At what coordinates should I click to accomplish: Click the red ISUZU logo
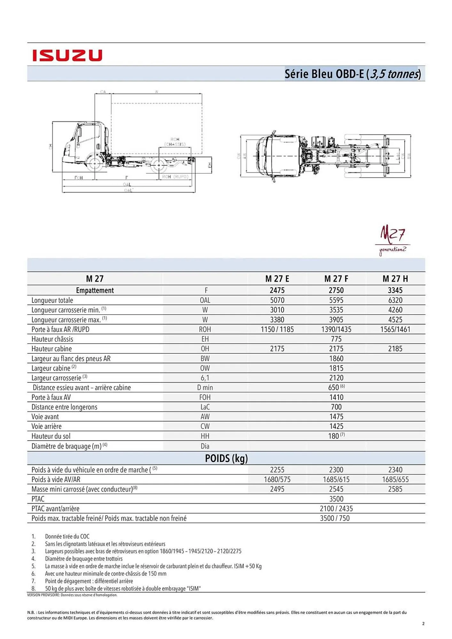tap(67, 55)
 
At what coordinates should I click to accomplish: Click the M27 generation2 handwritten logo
tap(393, 240)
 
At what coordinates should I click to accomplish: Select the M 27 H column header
tap(395, 279)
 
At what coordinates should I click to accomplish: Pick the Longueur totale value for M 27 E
tap(277, 300)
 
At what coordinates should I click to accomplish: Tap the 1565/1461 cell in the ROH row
tap(395, 329)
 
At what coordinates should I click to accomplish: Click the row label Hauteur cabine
tap(51, 349)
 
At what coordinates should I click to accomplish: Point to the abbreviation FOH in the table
tap(205, 397)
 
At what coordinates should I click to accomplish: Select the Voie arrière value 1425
tap(336, 426)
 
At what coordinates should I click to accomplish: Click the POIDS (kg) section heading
tap(226, 458)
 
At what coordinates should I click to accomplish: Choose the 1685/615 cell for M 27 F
tap(336, 479)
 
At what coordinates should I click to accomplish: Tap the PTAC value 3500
tap(336, 499)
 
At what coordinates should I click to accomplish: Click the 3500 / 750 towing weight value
tap(335, 518)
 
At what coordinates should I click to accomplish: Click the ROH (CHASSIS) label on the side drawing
tap(175, 142)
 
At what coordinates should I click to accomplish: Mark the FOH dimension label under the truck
tap(78, 178)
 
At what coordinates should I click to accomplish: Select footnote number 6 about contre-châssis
tap(105, 574)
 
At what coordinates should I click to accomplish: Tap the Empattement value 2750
tap(336, 290)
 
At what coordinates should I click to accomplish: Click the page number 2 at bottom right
tap(423, 623)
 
